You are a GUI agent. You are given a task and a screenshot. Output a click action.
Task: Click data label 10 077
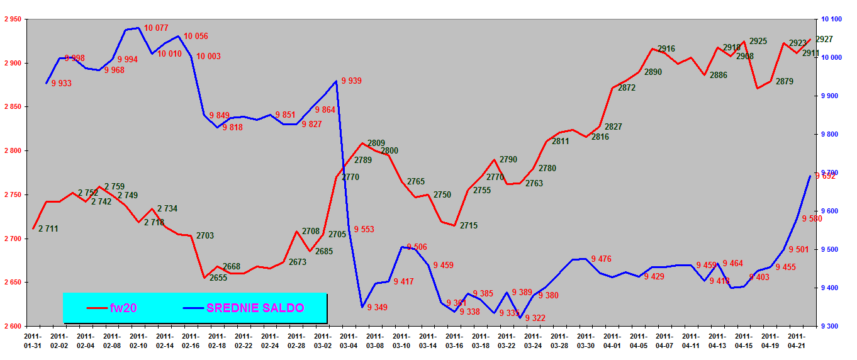pos(156,28)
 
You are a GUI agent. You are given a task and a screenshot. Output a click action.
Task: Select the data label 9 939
pos(351,81)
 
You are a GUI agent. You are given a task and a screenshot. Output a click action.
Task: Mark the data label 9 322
pos(535,318)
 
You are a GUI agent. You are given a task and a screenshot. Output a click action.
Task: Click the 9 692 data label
pos(826,176)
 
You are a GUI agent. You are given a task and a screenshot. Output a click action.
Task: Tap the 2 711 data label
pos(48,228)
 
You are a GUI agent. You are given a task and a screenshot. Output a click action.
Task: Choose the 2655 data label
pos(218,278)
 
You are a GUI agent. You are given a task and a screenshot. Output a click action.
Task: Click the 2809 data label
pos(376,143)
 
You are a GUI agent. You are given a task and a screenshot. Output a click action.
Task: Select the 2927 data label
pos(824,39)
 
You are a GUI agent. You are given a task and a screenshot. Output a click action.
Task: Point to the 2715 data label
pos(469,225)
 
